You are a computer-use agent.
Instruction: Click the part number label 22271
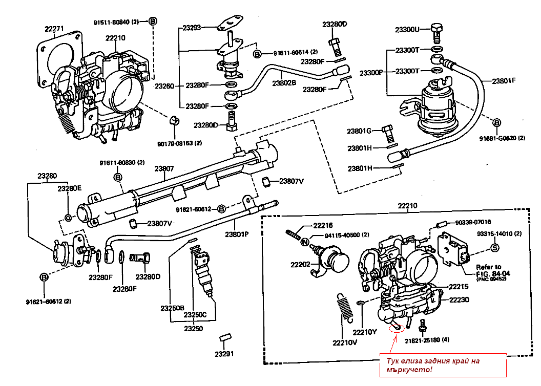(54, 29)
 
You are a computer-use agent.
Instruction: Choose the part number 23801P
(236, 234)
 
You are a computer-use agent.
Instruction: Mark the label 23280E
(69, 188)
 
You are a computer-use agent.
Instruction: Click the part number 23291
(224, 354)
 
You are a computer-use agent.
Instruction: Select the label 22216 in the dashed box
(323, 225)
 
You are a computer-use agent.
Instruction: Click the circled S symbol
(495, 248)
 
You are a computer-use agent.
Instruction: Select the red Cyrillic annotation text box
(442, 364)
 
